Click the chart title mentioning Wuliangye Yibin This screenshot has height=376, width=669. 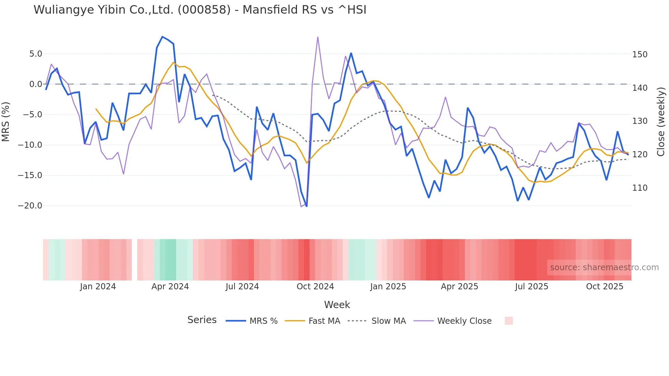[x=200, y=10]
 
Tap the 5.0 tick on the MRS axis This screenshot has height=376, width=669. [x=35, y=54]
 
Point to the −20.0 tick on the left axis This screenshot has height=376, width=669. [x=30, y=206]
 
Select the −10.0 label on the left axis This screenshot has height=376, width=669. [x=30, y=145]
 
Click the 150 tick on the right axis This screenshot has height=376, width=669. [x=640, y=55]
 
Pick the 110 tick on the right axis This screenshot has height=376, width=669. [x=640, y=188]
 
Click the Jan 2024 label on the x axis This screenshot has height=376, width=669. [x=98, y=287]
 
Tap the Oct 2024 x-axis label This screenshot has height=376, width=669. [x=315, y=287]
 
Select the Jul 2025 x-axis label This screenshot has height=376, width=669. [x=531, y=287]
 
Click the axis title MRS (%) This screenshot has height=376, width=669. [x=6, y=122]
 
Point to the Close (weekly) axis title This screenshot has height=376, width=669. [x=661, y=122]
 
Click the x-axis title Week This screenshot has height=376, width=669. [x=337, y=305]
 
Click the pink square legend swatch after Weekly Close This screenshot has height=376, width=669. [x=509, y=321]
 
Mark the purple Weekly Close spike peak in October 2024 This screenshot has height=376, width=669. [x=318, y=37]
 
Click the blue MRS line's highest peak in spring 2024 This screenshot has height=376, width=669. [x=162, y=37]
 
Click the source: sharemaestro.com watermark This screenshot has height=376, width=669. [x=604, y=267]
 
